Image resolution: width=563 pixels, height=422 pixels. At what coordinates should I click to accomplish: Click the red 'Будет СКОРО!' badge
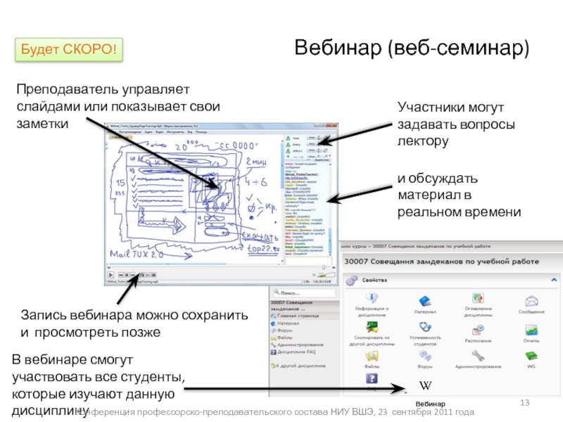click(67, 49)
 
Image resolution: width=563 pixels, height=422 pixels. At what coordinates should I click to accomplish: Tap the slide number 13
click(524, 402)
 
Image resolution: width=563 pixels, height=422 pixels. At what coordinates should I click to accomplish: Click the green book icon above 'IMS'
click(531, 355)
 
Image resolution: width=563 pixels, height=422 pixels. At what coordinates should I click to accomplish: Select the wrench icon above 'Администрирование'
click(479, 355)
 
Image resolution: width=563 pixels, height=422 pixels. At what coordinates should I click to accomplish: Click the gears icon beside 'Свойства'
click(351, 279)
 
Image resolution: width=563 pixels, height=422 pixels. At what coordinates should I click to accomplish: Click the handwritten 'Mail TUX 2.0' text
click(134, 252)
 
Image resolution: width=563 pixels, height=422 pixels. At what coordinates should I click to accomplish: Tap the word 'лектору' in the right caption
click(423, 141)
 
